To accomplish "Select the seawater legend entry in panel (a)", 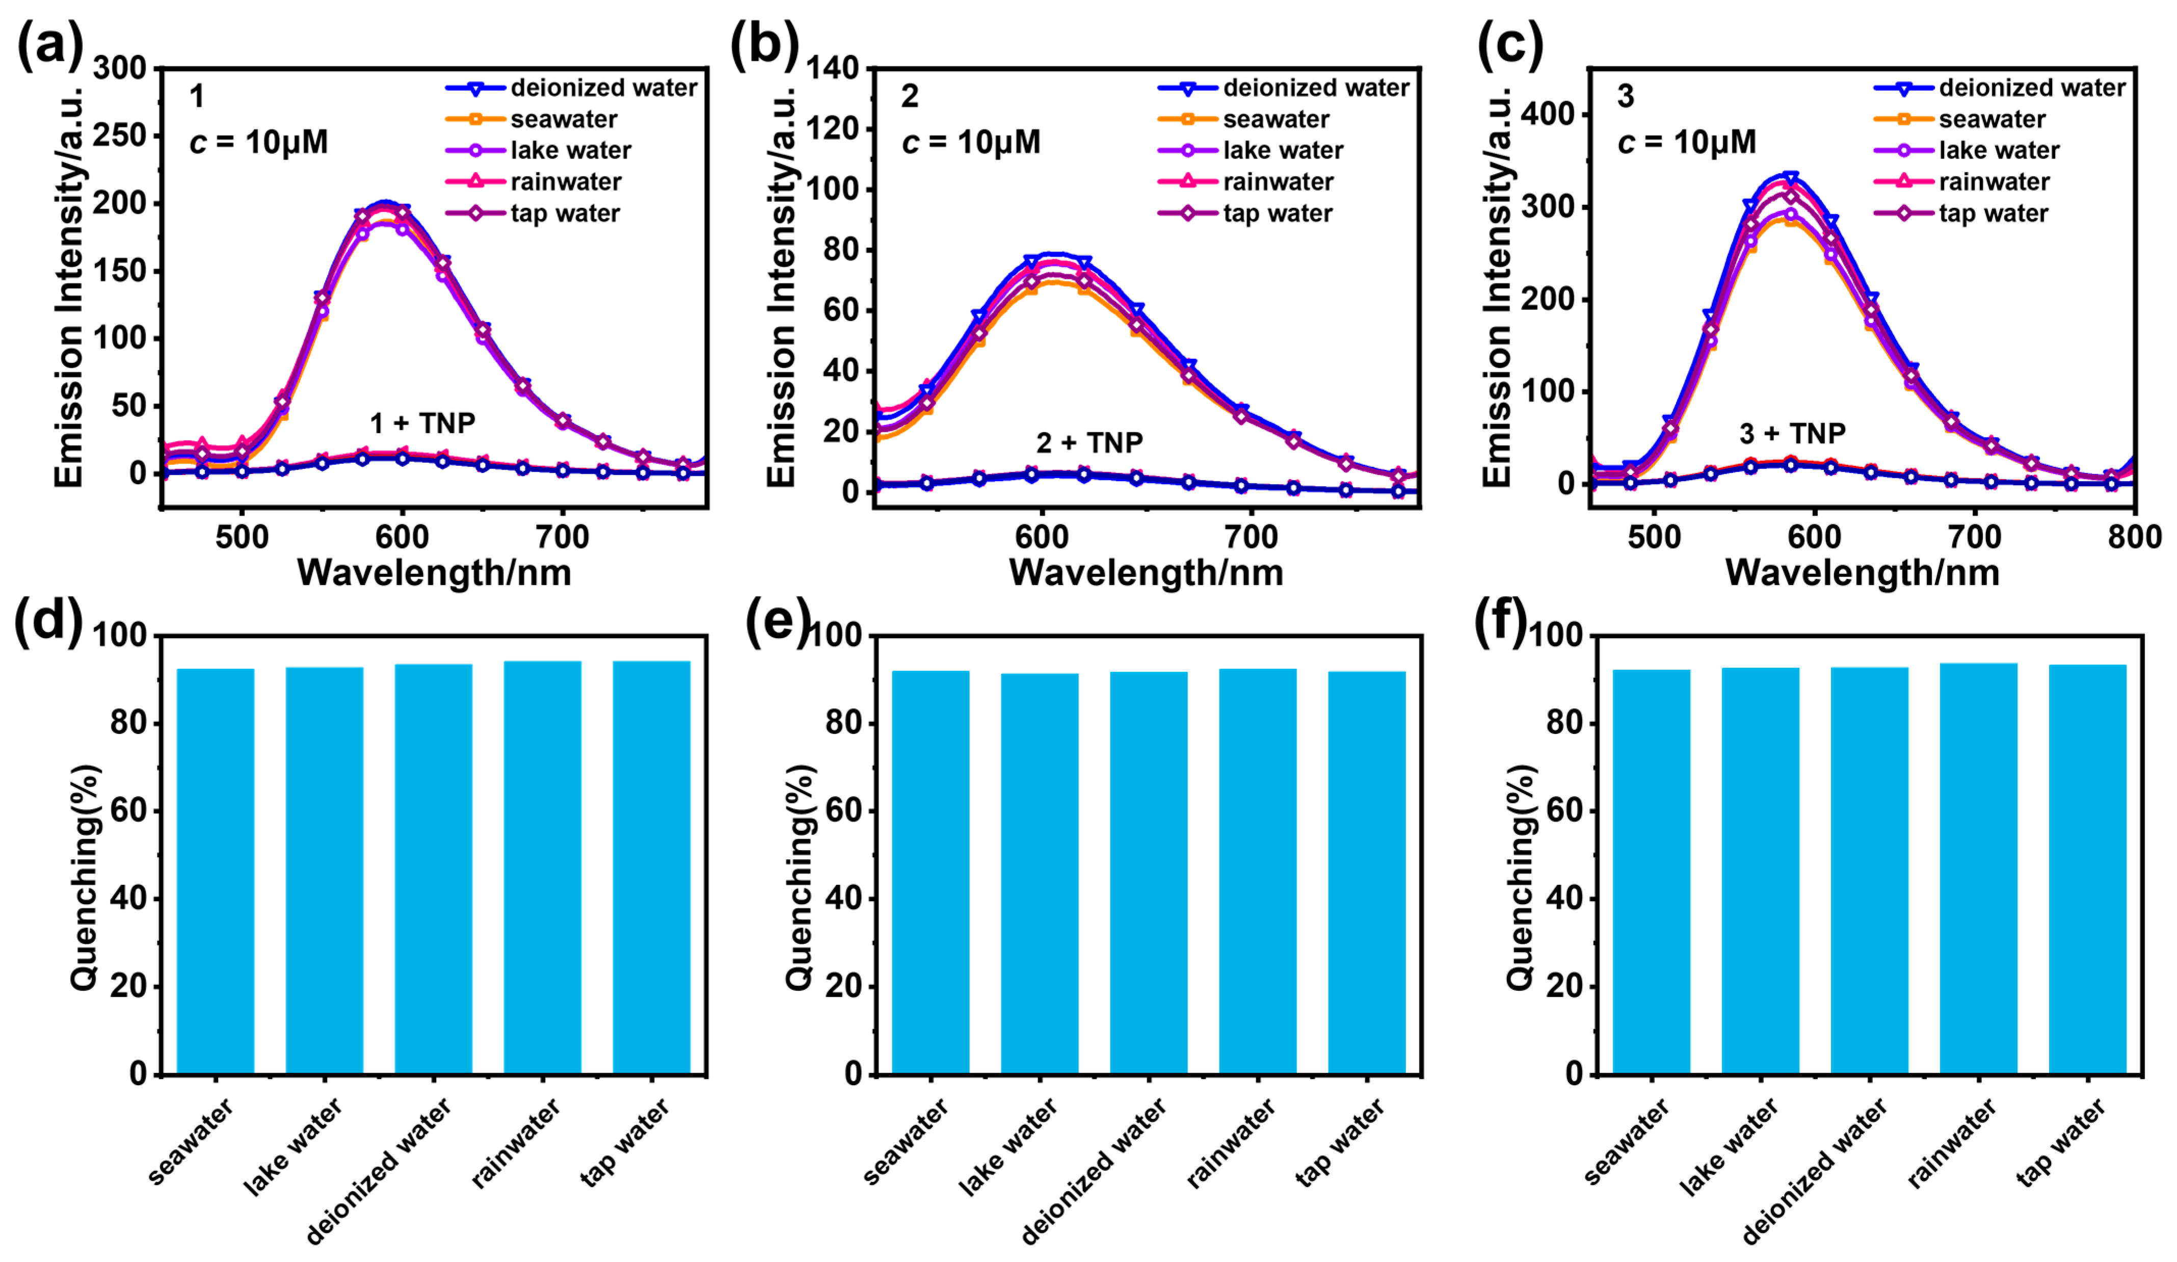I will click(x=563, y=119).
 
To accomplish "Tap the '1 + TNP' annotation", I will click(x=422, y=423).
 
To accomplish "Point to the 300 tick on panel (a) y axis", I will click(x=120, y=68).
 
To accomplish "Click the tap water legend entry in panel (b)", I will click(x=1277, y=214).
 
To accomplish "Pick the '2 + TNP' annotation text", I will click(x=1090, y=443).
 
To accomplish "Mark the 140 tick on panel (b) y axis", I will click(x=833, y=68).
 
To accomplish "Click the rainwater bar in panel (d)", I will click(x=543, y=867).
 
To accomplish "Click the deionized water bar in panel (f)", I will click(x=1869, y=871).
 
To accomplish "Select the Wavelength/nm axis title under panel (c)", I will click(x=1862, y=573).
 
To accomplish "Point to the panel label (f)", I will click(x=1501, y=621).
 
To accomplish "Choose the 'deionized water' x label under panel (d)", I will click(x=379, y=1170).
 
